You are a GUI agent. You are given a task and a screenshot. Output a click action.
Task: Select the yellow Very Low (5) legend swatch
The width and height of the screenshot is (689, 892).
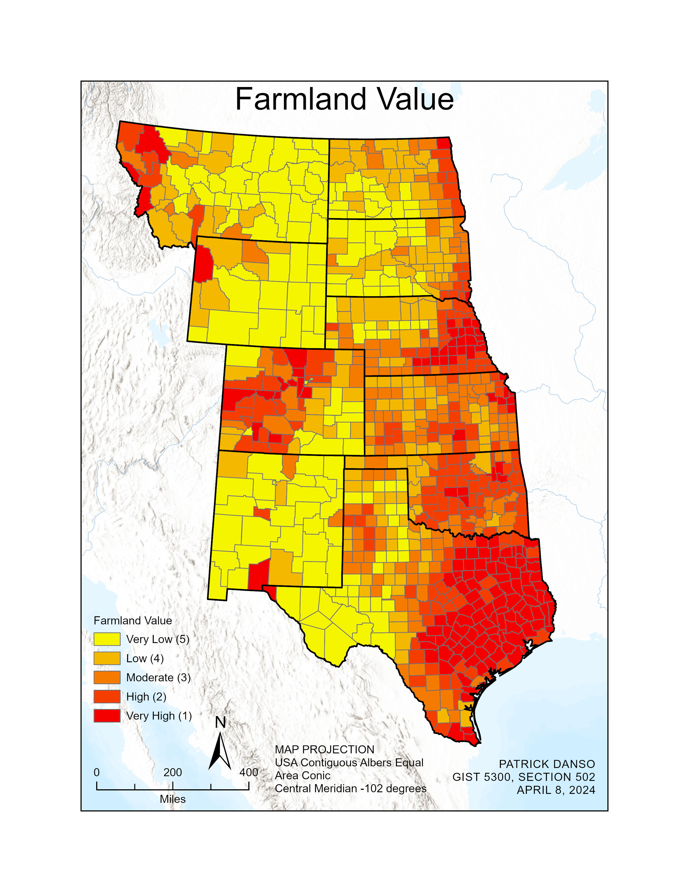point(107,639)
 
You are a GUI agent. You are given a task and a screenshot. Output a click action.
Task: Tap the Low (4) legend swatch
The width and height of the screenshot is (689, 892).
point(107,658)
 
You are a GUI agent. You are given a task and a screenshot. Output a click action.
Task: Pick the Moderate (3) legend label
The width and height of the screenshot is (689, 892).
point(158,678)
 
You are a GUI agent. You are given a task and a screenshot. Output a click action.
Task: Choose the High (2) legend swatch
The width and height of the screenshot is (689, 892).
point(107,697)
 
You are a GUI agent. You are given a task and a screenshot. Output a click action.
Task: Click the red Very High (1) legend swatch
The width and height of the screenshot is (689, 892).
point(107,716)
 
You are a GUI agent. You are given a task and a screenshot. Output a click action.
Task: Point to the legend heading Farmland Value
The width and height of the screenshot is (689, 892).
point(133,621)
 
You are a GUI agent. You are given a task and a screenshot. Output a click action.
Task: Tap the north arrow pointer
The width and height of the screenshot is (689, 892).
point(220,751)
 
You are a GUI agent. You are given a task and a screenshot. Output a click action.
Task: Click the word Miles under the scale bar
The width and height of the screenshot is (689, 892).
point(173,799)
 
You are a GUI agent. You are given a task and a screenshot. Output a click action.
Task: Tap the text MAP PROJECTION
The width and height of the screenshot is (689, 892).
point(325,750)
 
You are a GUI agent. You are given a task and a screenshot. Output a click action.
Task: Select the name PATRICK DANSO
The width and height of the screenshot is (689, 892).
point(547,764)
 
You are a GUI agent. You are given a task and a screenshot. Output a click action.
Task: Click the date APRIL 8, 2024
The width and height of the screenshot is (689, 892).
point(556,790)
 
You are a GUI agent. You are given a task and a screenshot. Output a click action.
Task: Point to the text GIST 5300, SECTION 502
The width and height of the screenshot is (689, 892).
point(524,777)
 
